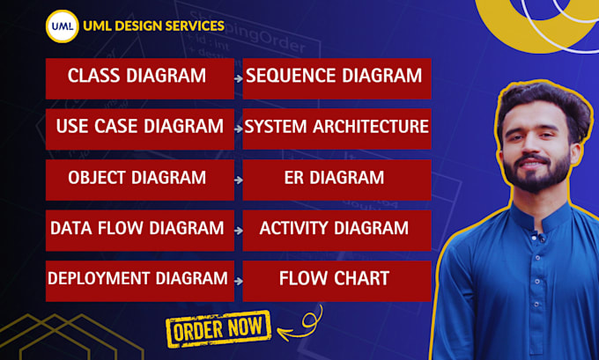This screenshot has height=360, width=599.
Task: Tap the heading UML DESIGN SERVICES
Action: coord(153,26)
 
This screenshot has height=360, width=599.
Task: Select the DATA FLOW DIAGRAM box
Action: coord(139,230)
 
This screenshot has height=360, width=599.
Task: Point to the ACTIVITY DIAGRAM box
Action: coord(336,230)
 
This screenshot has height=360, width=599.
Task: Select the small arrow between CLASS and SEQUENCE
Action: coord(239,79)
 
